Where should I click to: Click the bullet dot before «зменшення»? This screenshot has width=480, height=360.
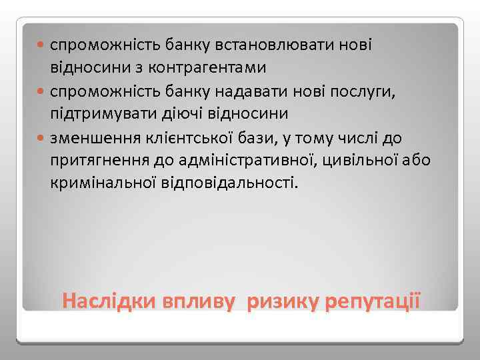click(x=42, y=137)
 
